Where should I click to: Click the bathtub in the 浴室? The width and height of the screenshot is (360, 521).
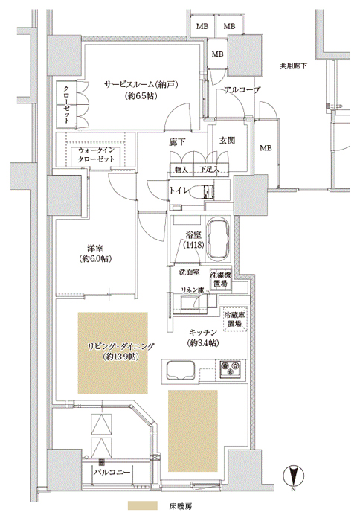(x=219, y=239)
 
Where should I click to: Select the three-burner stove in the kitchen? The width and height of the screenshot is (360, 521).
(x=230, y=368)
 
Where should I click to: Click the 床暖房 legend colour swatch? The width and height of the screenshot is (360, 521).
(x=143, y=505)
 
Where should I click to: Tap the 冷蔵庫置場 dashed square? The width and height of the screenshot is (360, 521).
(x=235, y=319)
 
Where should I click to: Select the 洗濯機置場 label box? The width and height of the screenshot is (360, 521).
(x=220, y=279)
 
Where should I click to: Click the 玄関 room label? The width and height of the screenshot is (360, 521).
(x=228, y=141)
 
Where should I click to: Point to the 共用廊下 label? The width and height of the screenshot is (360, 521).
(x=292, y=66)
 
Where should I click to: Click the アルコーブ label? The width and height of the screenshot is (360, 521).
(x=242, y=90)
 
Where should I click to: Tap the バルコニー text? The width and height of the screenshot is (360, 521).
(x=112, y=472)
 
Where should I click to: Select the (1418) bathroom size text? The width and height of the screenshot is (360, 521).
(x=193, y=245)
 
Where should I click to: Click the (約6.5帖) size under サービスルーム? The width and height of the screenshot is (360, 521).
(x=141, y=96)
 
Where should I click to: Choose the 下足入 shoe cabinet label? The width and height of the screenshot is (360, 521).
(x=209, y=170)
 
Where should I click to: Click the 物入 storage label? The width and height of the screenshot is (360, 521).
(x=181, y=170)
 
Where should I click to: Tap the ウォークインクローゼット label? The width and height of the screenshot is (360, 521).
(x=96, y=155)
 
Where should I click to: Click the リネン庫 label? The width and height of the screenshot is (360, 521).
(x=192, y=290)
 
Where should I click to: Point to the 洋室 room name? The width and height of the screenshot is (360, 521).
(x=95, y=249)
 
